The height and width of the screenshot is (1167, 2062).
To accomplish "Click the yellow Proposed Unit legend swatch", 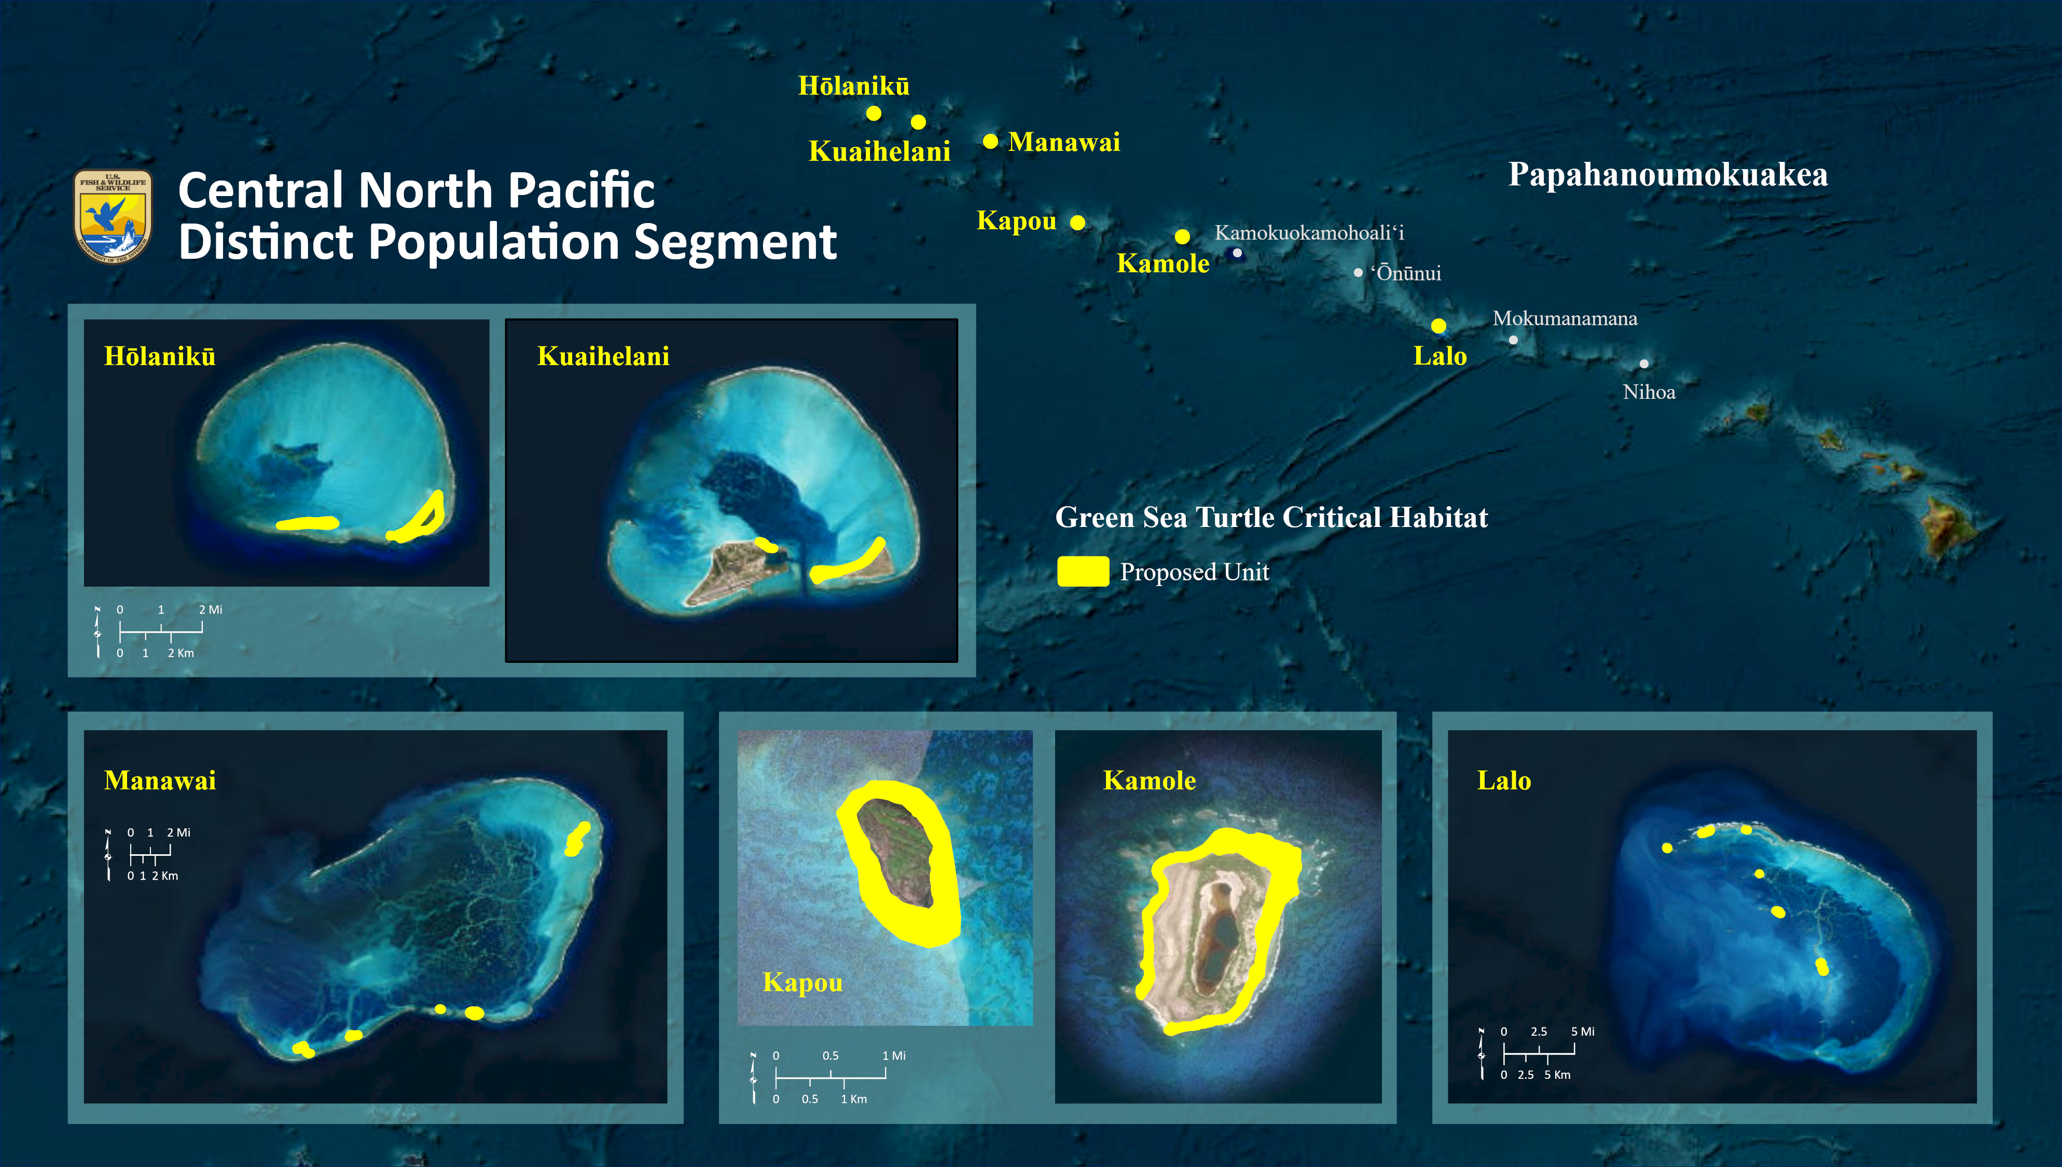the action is coord(1083,572).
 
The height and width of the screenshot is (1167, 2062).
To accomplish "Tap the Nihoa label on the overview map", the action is coord(1649,392).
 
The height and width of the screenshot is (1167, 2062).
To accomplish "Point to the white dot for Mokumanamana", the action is coord(1513,340).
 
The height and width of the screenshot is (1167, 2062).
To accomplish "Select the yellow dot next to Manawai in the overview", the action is coord(990,141).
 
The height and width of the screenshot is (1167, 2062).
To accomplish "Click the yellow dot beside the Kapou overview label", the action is coord(1078,222).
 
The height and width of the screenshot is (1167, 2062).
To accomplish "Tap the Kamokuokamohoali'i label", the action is coord(1309,232).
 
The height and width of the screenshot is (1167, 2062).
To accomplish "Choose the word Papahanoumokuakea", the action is coord(1668,175).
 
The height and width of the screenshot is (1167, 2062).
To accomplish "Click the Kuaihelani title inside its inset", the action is coord(603,356).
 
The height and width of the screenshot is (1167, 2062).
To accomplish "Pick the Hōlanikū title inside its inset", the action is coord(159,356).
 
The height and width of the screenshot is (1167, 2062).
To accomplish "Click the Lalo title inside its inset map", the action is coord(1503,780).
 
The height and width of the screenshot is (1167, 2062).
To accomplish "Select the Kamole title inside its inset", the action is coord(1149,780).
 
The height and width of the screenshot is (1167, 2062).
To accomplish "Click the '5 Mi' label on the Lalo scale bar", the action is coord(1582,1032).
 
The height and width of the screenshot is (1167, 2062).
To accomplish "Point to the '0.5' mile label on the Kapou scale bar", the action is coord(831,1055).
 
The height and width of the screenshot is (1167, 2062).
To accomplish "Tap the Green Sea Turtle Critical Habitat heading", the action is coord(1271,518).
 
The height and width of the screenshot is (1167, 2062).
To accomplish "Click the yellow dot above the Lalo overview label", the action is coord(1438,325).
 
